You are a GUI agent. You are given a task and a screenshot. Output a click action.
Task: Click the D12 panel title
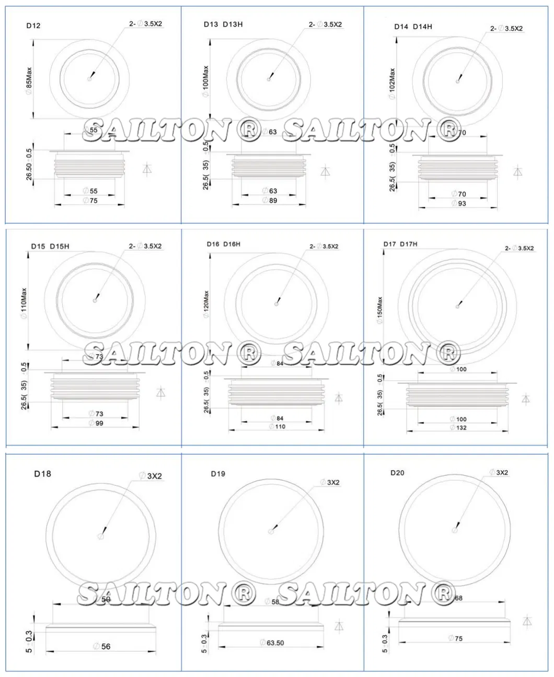[x=33, y=26]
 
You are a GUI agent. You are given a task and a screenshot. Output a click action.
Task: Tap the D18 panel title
[x=43, y=474]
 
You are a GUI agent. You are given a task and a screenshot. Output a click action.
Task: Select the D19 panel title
[x=218, y=474]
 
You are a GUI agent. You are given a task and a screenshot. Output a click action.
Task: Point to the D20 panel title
[x=397, y=473]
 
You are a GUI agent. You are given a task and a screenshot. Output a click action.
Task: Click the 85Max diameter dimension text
[x=29, y=80]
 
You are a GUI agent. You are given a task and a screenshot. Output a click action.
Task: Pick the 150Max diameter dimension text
[x=379, y=310]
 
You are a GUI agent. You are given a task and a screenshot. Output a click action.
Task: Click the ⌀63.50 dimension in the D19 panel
[x=272, y=643]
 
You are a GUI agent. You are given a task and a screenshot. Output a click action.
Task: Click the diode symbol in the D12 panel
[x=147, y=169]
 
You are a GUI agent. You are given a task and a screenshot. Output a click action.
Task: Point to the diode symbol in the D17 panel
[x=525, y=399]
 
